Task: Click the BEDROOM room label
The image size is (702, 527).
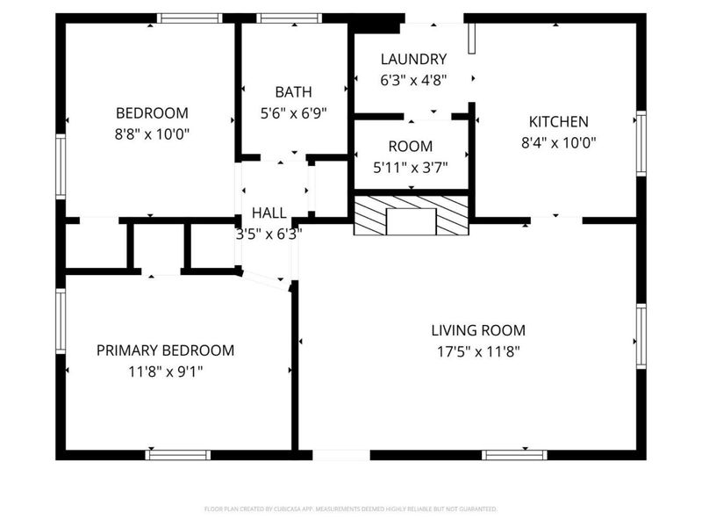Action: [x=152, y=112]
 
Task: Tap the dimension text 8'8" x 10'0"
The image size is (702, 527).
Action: [x=152, y=134]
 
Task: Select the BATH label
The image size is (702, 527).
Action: [x=292, y=91]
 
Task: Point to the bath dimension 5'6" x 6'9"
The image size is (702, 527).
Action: [x=292, y=113]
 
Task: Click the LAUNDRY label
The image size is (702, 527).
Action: [x=413, y=59]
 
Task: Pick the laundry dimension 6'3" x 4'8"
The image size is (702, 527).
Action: [x=413, y=81]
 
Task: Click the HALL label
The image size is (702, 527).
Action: [x=269, y=213]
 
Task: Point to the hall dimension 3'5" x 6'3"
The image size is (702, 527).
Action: [x=269, y=235]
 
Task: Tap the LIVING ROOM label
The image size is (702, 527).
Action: [x=478, y=330]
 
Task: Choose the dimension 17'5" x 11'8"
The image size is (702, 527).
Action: [x=478, y=352]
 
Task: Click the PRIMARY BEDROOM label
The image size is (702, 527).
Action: [x=165, y=350]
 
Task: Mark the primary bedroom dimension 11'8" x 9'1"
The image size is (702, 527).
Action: [x=165, y=372]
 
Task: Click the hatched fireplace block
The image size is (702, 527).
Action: [x=411, y=216]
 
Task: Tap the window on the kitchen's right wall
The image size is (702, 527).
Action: [x=641, y=143]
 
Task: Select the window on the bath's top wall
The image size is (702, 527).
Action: [x=290, y=18]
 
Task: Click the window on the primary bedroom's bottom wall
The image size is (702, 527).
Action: [x=178, y=455]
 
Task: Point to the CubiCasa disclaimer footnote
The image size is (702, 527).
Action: [x=351, y=509]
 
